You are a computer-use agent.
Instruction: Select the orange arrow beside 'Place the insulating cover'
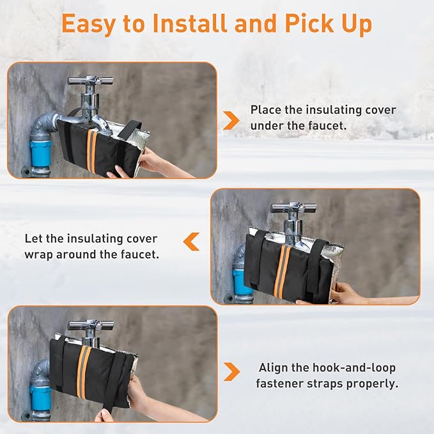pos(231,119)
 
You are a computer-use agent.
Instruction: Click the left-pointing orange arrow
pos(191,242)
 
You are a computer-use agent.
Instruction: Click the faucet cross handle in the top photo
pos(91,81)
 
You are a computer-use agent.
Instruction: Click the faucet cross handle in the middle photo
pos(293,207)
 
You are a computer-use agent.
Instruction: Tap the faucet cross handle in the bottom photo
pos(91,324)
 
